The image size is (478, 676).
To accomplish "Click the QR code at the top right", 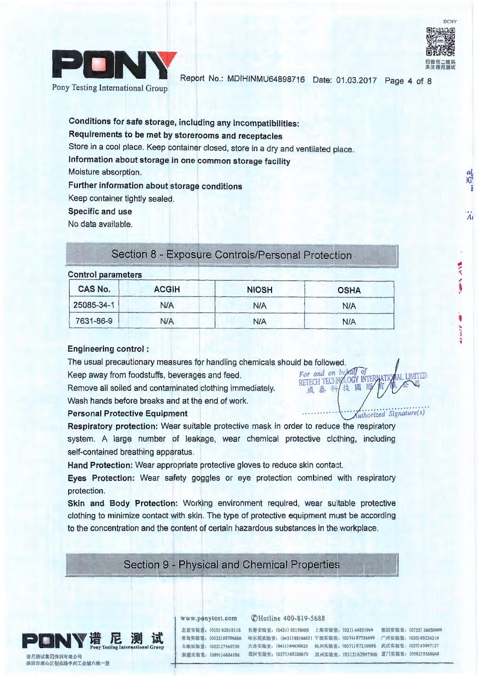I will pos(440,42).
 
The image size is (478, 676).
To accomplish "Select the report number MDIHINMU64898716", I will pos(266,79).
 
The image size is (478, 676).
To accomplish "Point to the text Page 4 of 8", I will pos(407,81).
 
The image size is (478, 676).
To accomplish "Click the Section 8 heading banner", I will pos(231,255).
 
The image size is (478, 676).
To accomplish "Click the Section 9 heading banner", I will pos(231,565).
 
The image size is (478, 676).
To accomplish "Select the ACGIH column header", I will pos(167,289).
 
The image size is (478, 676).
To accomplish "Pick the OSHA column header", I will pos(349,290).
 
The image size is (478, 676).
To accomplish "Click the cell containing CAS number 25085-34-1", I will pos(94,305).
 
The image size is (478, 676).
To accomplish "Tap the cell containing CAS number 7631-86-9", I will pos(94,321).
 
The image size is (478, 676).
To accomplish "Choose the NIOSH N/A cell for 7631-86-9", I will pos(259,322).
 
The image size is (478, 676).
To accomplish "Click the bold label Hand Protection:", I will pos(100,465).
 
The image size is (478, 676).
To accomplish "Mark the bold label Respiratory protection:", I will pos(113,426).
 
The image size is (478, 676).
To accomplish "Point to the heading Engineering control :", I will pos(108,349).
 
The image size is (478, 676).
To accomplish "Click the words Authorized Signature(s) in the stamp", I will pos(389,414).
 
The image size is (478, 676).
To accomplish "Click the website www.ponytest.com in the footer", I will pos(209,618).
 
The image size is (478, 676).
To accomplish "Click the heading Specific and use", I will pos(100,211).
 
